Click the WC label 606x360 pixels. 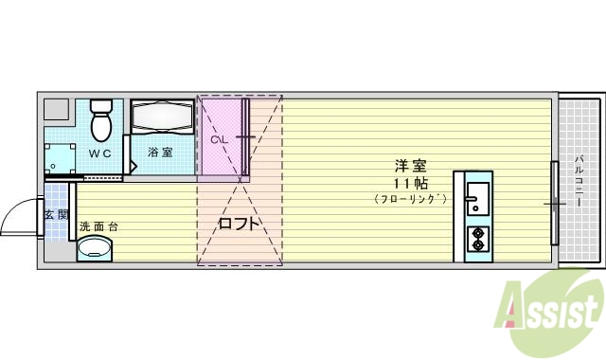(101, 153)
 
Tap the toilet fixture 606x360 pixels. (101, 119)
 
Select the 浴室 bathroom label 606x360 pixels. (160, 152)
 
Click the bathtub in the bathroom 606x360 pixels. (161, 117)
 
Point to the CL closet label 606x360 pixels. (219, 140)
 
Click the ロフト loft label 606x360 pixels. (239, 225)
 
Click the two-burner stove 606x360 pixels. (477, 238)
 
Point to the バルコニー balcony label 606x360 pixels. (578, 180)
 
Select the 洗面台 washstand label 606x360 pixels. (98, 226)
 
